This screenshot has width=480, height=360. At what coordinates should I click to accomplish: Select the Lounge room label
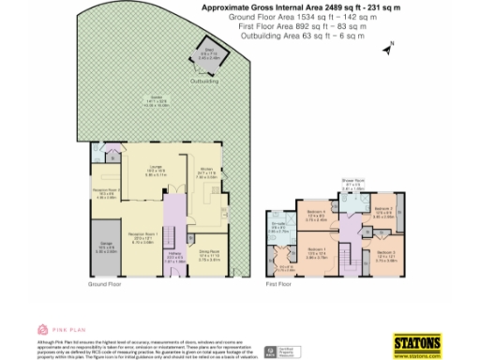click(x=145, y=171)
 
